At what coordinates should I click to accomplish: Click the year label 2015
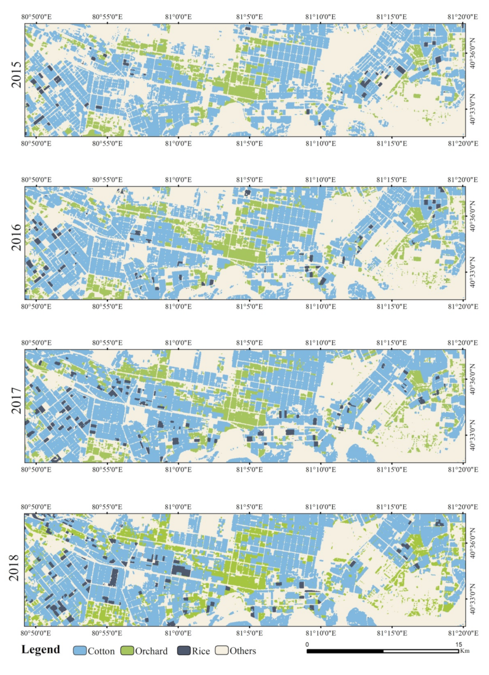tap(17, 74)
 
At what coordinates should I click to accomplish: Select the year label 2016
tap(17, 237)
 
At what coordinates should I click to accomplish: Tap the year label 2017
tap(17, 401)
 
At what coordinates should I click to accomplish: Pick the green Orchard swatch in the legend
tap(127, 651)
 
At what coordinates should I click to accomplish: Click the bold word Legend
tap(41, 649)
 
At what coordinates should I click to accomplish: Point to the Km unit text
tap(465, 651)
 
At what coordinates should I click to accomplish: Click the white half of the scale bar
tap(421, 651)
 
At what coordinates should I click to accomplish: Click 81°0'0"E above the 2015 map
tap(178, 17)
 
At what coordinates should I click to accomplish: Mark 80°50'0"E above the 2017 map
tap(36, 343)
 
